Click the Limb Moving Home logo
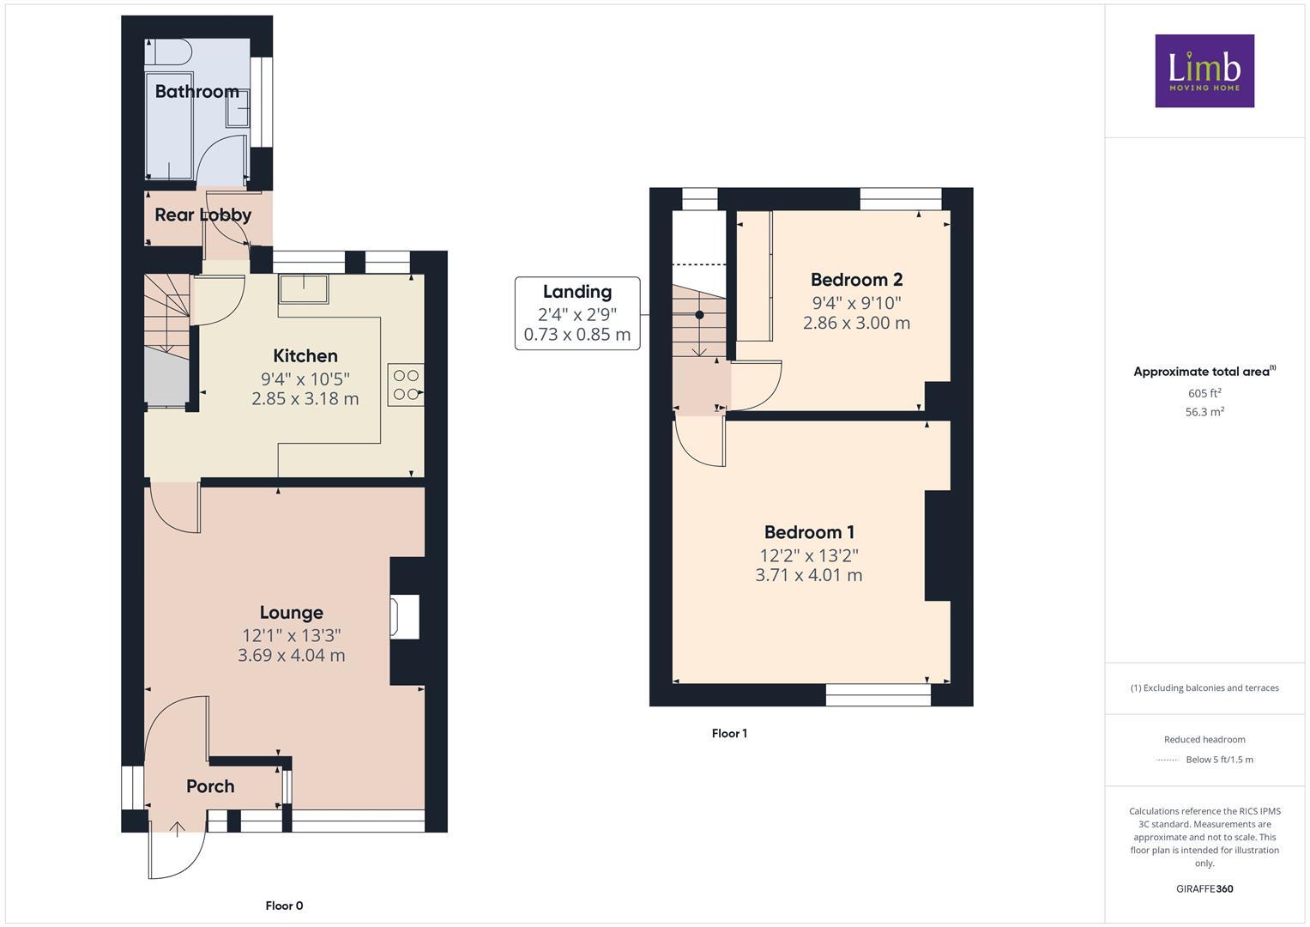[x=1204, y=71]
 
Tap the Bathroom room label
[x=196, y=91]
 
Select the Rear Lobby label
[x=202, y=215]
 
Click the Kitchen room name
[x=305, y=355]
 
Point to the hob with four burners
[x=406, y=385]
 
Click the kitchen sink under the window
[x=303, y=288]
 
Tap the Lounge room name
[x=291, y=612]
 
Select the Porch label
[x=210, y=786]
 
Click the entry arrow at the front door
[x=178, y=829]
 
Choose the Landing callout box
[x=577, y=313]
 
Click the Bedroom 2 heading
[x=856, y=279]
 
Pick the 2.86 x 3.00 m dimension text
[x=856, y=324]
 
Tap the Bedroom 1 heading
[x=809, y=532]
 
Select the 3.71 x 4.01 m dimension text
[x=808, y=576]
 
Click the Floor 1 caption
[x=729, y=734]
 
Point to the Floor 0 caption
[x=284, y=906]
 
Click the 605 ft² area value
[x=1204, y=393]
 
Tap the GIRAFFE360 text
[x=1204, y=888]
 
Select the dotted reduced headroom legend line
[x=1168, y=760]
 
